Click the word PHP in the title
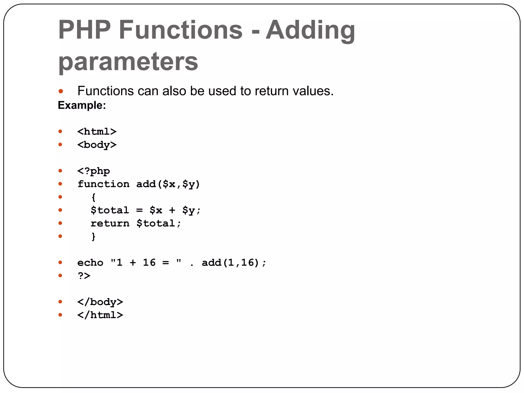pyautogui.click(x=84, y=30)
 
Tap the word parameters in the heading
pyautogui.click(x=128, y=61)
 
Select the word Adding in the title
pyautogui.click(x=310, y=30)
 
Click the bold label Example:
pyautogui.click(x=82, y=105)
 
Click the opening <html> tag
pyautogui.click(x=97, y=132)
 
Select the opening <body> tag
pyautogui.click(x=97, y=145)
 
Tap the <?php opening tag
pyautogui.click(x=94, y=171)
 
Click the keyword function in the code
pyautogui.click(x=103, y=184)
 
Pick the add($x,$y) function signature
pyautogui.click(x=168, y=184)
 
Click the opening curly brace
pyautogui.click(x=94, y=197)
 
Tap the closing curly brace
pyautogui.click(x=94, y=236)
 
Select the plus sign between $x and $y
pyautogui.click(x=172, y=210)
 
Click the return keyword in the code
pyautogui.click(x=110, y=223)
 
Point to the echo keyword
pyautogui.click(x=90, y=263)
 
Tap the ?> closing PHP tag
pyautogui.click(x=84, y=276)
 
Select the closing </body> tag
pyautogui.click(x=100, y=302)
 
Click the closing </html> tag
pyautogui.click(x=100, y=315)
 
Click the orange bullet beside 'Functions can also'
pyautogui.click(x=61, y=91)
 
